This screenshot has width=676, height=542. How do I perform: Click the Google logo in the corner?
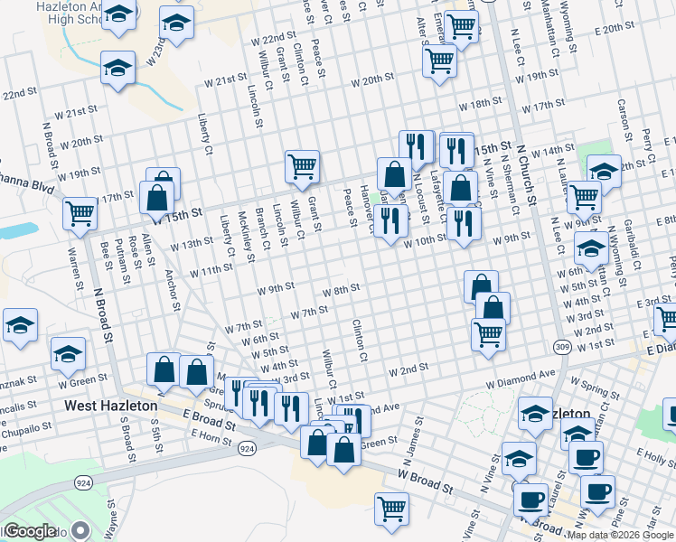pyautogui.click(x=30, y=531)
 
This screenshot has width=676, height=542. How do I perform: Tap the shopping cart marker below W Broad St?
pyautogui.click(x=391, y=509)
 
